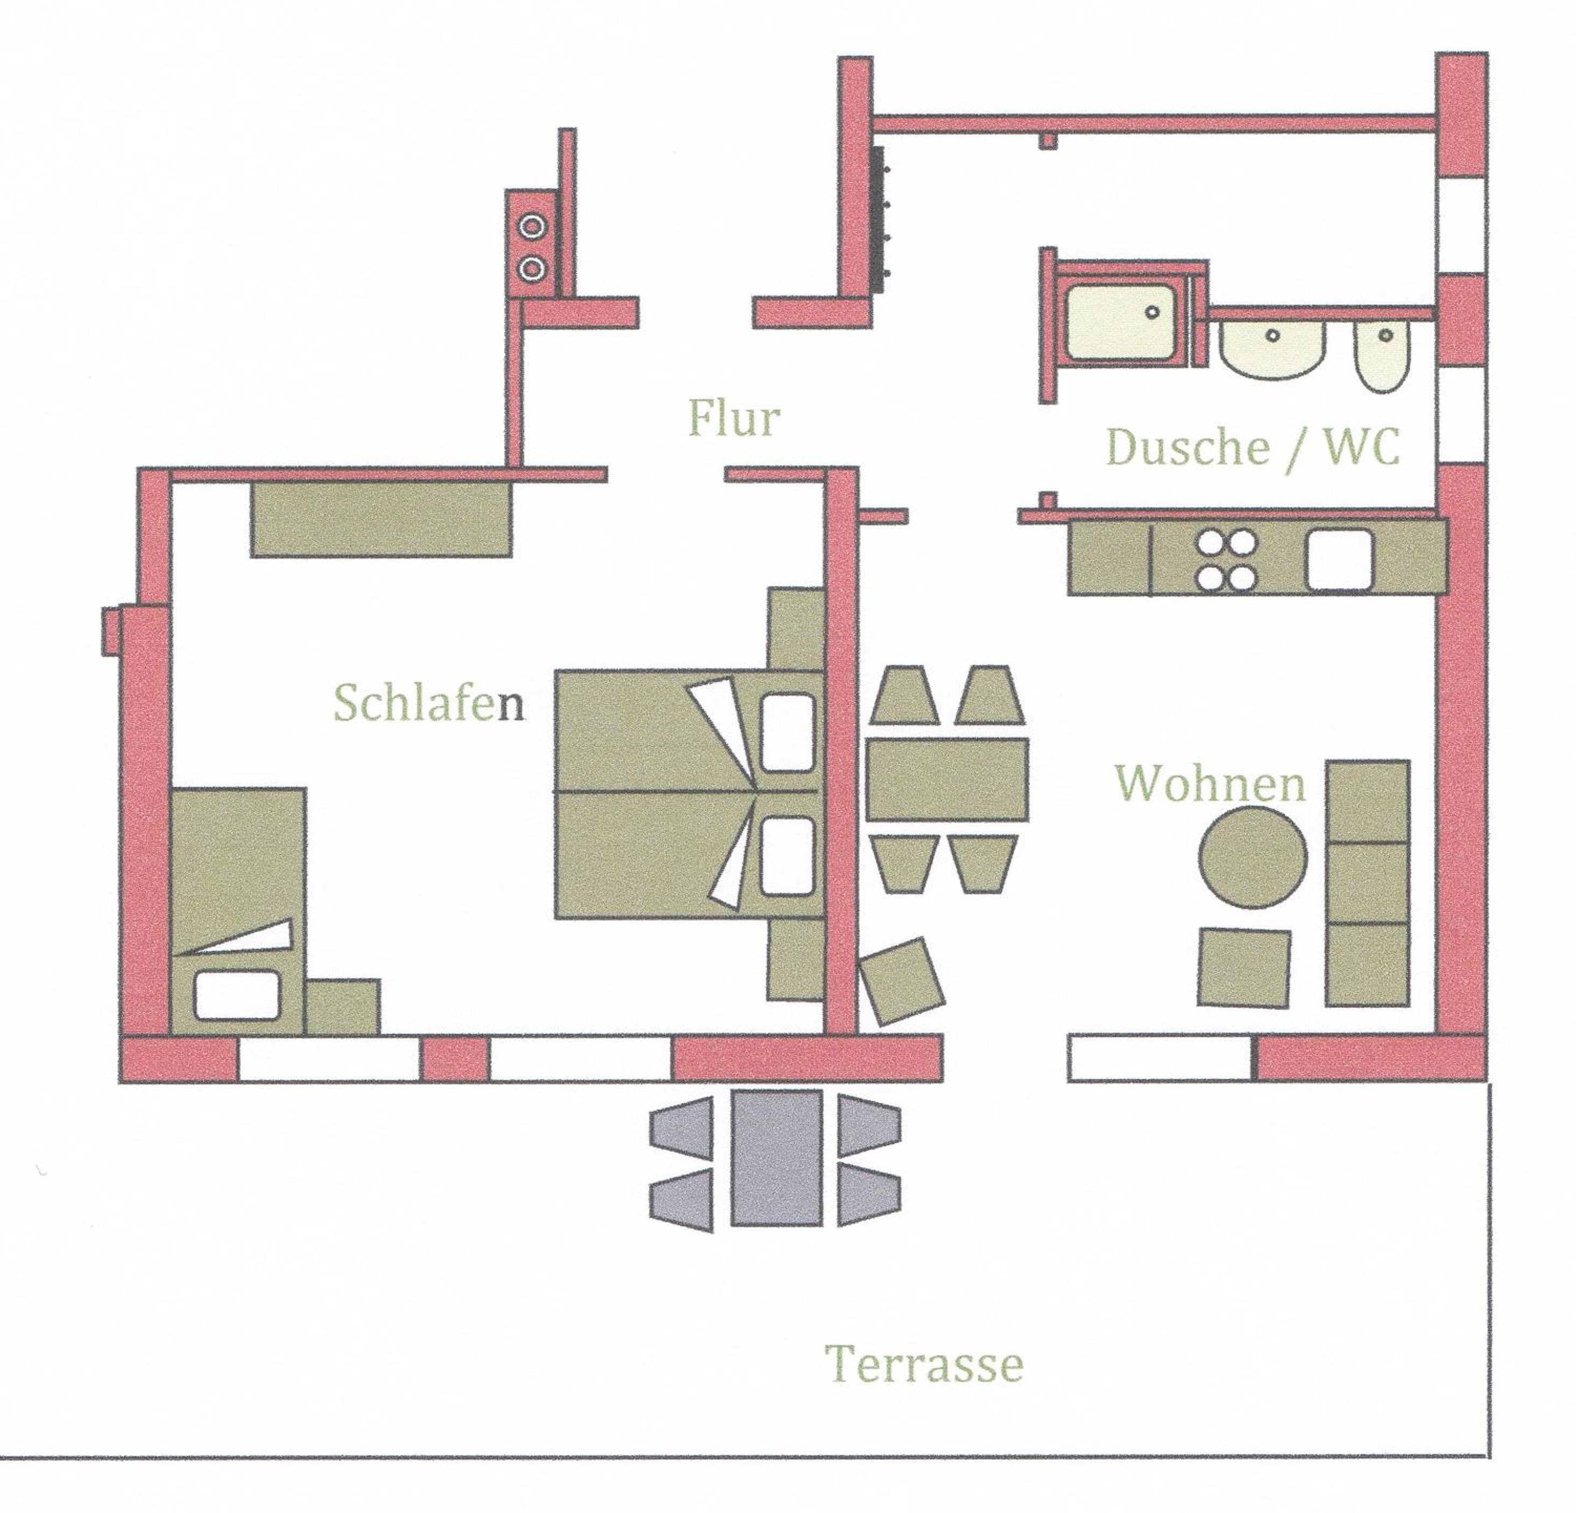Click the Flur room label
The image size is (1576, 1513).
[x=733, y=418]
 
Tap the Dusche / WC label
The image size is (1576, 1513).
[x=1253, y=447]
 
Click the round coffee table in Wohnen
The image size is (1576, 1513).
[x=1253, y=858]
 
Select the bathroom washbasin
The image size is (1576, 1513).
[x=1271, y=350]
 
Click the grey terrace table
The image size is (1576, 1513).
[x=776, y=1158]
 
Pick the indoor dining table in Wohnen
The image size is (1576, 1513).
[x=947, y=779]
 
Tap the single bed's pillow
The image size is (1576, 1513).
[x=236, y=994]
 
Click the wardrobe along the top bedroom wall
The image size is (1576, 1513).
[x=381, y=519]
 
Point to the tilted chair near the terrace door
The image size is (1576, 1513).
[x=902, y=981]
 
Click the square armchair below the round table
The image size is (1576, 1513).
[x=1244, y=968]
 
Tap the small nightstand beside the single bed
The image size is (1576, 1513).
[x=343, y=1007]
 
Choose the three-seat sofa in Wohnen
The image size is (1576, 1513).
[x=1367, y=883]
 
